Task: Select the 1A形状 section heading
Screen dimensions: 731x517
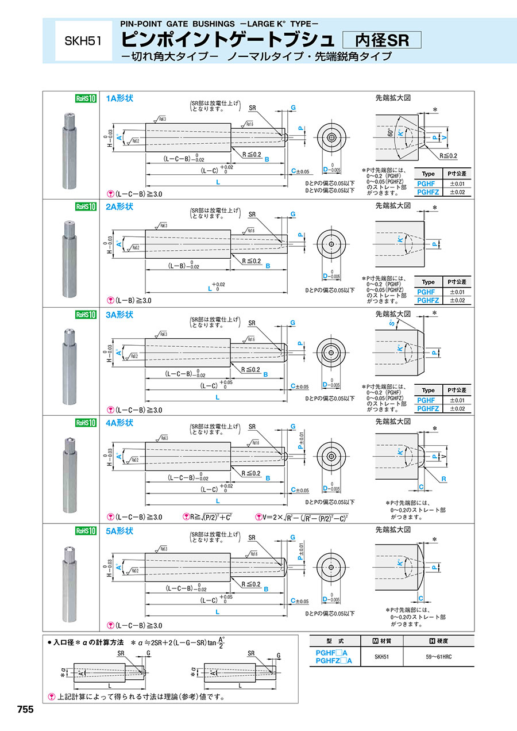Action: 119,98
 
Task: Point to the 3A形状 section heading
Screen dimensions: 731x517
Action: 119,315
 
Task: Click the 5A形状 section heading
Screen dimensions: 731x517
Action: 119,531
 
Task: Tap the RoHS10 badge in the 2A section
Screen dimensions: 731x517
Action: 86,206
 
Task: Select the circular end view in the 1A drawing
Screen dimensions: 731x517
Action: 331,138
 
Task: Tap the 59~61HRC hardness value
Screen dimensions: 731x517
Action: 439,657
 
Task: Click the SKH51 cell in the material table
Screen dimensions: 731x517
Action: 382,657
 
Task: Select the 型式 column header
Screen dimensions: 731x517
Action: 334,641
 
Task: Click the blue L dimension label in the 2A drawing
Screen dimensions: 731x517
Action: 209,288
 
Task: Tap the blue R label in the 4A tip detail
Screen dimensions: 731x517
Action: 444,479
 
